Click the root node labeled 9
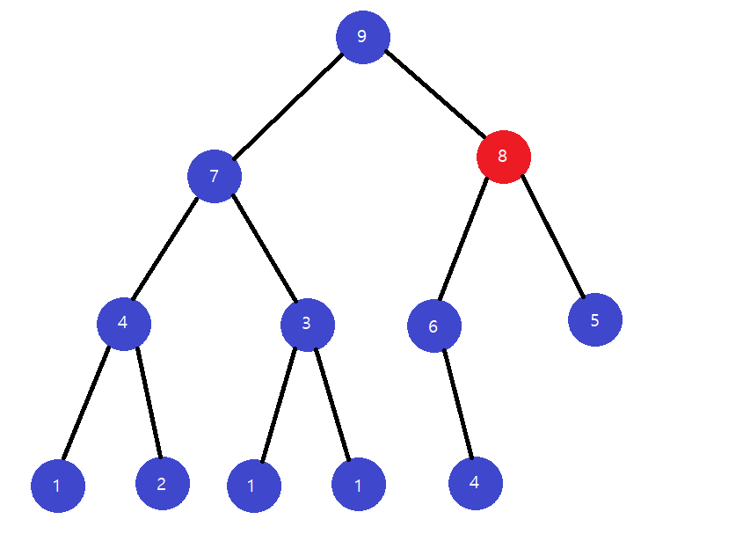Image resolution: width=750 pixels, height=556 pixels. click(362, 37)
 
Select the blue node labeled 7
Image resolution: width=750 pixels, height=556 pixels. click(214, 176)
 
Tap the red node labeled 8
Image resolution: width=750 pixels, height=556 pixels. click(503, 157)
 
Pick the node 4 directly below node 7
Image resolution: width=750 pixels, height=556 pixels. click(123, 323)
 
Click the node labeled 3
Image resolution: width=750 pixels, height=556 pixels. click(307, 324)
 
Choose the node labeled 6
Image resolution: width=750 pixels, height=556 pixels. click(433, 326)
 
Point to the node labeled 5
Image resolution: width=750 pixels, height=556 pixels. click(594, 319)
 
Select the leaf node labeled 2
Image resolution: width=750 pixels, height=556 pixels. click(162, 483)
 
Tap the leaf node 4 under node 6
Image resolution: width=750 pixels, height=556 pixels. click(475, 483)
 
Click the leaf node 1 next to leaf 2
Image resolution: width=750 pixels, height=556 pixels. click(57, 486)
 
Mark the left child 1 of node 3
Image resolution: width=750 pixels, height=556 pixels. click(253, 486)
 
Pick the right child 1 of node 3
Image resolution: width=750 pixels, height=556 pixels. click(358, 485)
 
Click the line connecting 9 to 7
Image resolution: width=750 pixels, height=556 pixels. click(288, 106)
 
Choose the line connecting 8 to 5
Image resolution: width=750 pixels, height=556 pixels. click(553, 236)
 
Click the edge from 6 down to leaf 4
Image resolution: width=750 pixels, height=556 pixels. click(457, 404)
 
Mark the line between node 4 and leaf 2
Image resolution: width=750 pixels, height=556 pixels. click(147, 403)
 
